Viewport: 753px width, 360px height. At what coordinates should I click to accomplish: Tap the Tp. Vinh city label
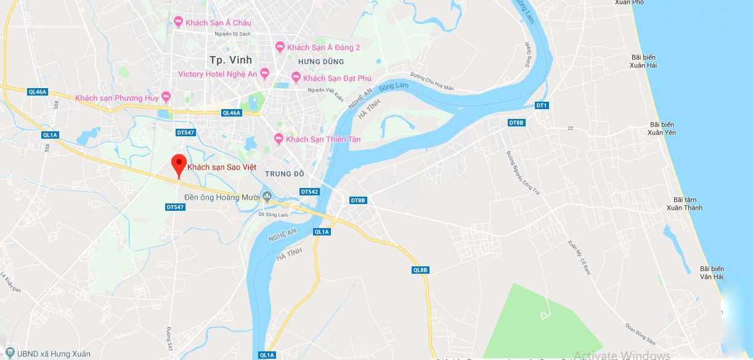click(x=224, y=60)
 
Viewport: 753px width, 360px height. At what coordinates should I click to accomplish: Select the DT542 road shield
click(x=309, y=192)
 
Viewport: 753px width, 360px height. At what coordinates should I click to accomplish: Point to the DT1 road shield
click(x=542, y=105)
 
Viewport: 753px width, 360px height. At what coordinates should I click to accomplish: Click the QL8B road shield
click(x=420, y=270)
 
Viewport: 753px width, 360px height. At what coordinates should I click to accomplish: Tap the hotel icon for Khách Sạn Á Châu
click(x=179, y=23)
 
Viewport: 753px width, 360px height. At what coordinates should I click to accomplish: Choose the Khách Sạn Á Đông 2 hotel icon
click(x=280, y=47)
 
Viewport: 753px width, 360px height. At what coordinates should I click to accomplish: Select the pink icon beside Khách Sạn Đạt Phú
click(x=296, y=78)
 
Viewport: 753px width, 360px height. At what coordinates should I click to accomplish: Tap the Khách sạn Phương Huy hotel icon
click(x=166, y=97)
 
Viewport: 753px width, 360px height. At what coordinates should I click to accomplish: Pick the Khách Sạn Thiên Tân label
click(x=324, y=139)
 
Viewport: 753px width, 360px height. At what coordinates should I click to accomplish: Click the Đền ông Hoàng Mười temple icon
click(x=267, y=197)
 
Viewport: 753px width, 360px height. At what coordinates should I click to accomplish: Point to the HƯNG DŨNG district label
click(x=320, y=62)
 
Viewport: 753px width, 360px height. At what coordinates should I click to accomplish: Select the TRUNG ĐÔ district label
click(x=285, y=174)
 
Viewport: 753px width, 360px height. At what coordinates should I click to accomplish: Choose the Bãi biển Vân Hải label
click(x=712, y=272)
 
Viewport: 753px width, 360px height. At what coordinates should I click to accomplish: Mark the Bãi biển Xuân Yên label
click(x=662, y=129)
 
